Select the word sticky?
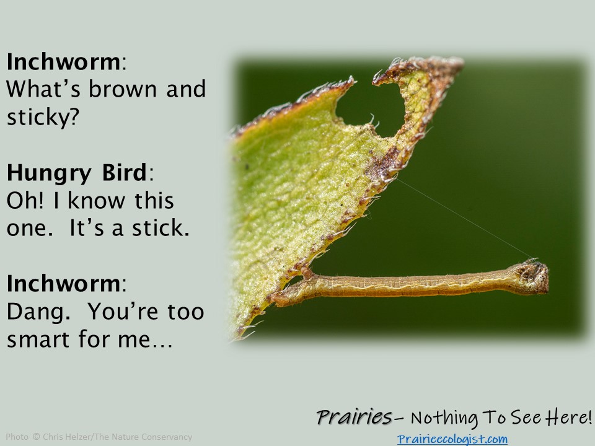click(x=43, y=117)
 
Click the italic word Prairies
click(x=354, y=418)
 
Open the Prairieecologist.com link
click(x=452, y=439)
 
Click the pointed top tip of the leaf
click(x=459, y=61)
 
